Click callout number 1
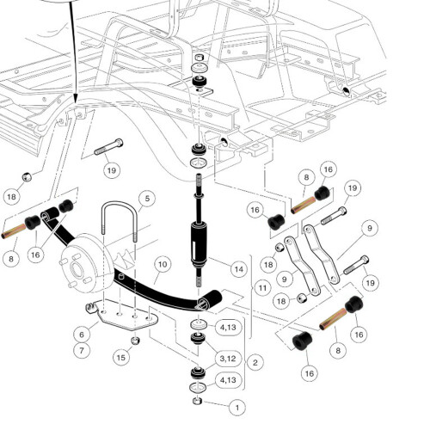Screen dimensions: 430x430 click(237, 408)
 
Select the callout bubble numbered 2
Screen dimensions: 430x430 click(255, 363)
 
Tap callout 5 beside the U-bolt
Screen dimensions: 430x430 click(147, 199)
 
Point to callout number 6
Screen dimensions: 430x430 click(82, 335)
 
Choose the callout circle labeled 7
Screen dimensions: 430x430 click(82, 350)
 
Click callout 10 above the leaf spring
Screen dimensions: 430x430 click(163, 264)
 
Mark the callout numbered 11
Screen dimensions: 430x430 click(262, 288)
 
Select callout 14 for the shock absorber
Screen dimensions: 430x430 click(239, 269)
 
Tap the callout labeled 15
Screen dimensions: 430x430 click(121, 358)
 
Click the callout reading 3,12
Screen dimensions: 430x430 click(228, 359)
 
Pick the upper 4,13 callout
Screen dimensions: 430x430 click(228, 327)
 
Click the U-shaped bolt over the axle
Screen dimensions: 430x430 click(120, 222)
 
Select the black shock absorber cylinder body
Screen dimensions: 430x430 click(199, 243)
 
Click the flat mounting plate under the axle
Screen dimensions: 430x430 click(124, 315)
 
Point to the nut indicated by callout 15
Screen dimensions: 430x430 click(135, 341)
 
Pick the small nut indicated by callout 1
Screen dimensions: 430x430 click(198, 401)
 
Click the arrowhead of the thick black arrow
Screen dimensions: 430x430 click(75, 98)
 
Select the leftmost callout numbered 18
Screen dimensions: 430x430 click(11, 197)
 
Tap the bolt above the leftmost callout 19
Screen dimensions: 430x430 click(109, 147)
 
